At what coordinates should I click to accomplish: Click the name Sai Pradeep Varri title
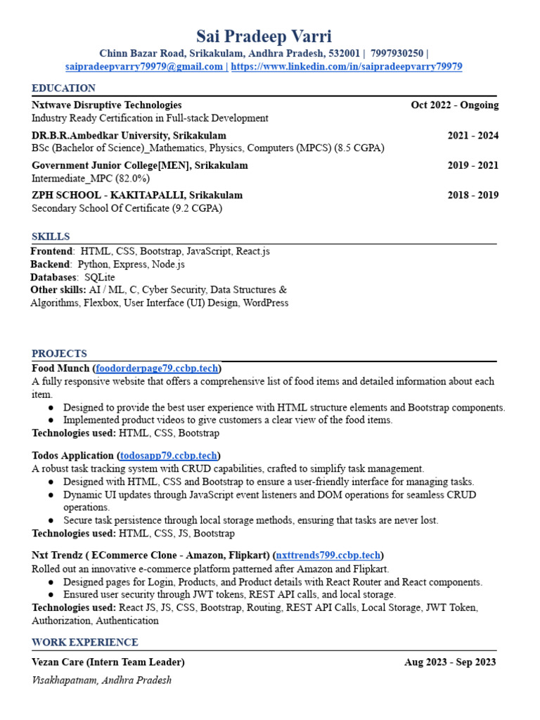(x=264, y=36)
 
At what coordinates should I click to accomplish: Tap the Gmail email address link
(x=144, y=67)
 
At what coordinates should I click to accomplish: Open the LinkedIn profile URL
(x=347, y=67)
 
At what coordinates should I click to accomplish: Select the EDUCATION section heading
(x=63, y=88)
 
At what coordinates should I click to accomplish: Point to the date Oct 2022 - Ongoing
(x=454, y=105)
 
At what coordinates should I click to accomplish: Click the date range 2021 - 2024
(x=472, y=135)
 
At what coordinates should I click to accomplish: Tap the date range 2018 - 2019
(x=472, y=195)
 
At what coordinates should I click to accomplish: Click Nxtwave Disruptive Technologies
(x=106, y=105)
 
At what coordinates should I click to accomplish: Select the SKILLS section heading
(x=51, y=236)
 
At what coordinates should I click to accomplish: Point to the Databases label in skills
(x=53, y=277)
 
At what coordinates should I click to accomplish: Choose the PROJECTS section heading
(x=59, y=354)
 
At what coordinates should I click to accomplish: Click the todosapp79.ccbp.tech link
(x=169, y=456)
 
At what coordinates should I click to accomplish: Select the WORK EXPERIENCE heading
(x=84, y=642)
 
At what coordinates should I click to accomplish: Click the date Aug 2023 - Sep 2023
(x=450, y=662)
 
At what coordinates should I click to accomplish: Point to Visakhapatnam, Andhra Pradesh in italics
(x=101, y=680)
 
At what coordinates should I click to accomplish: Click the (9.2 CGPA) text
(x=198, y=208)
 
